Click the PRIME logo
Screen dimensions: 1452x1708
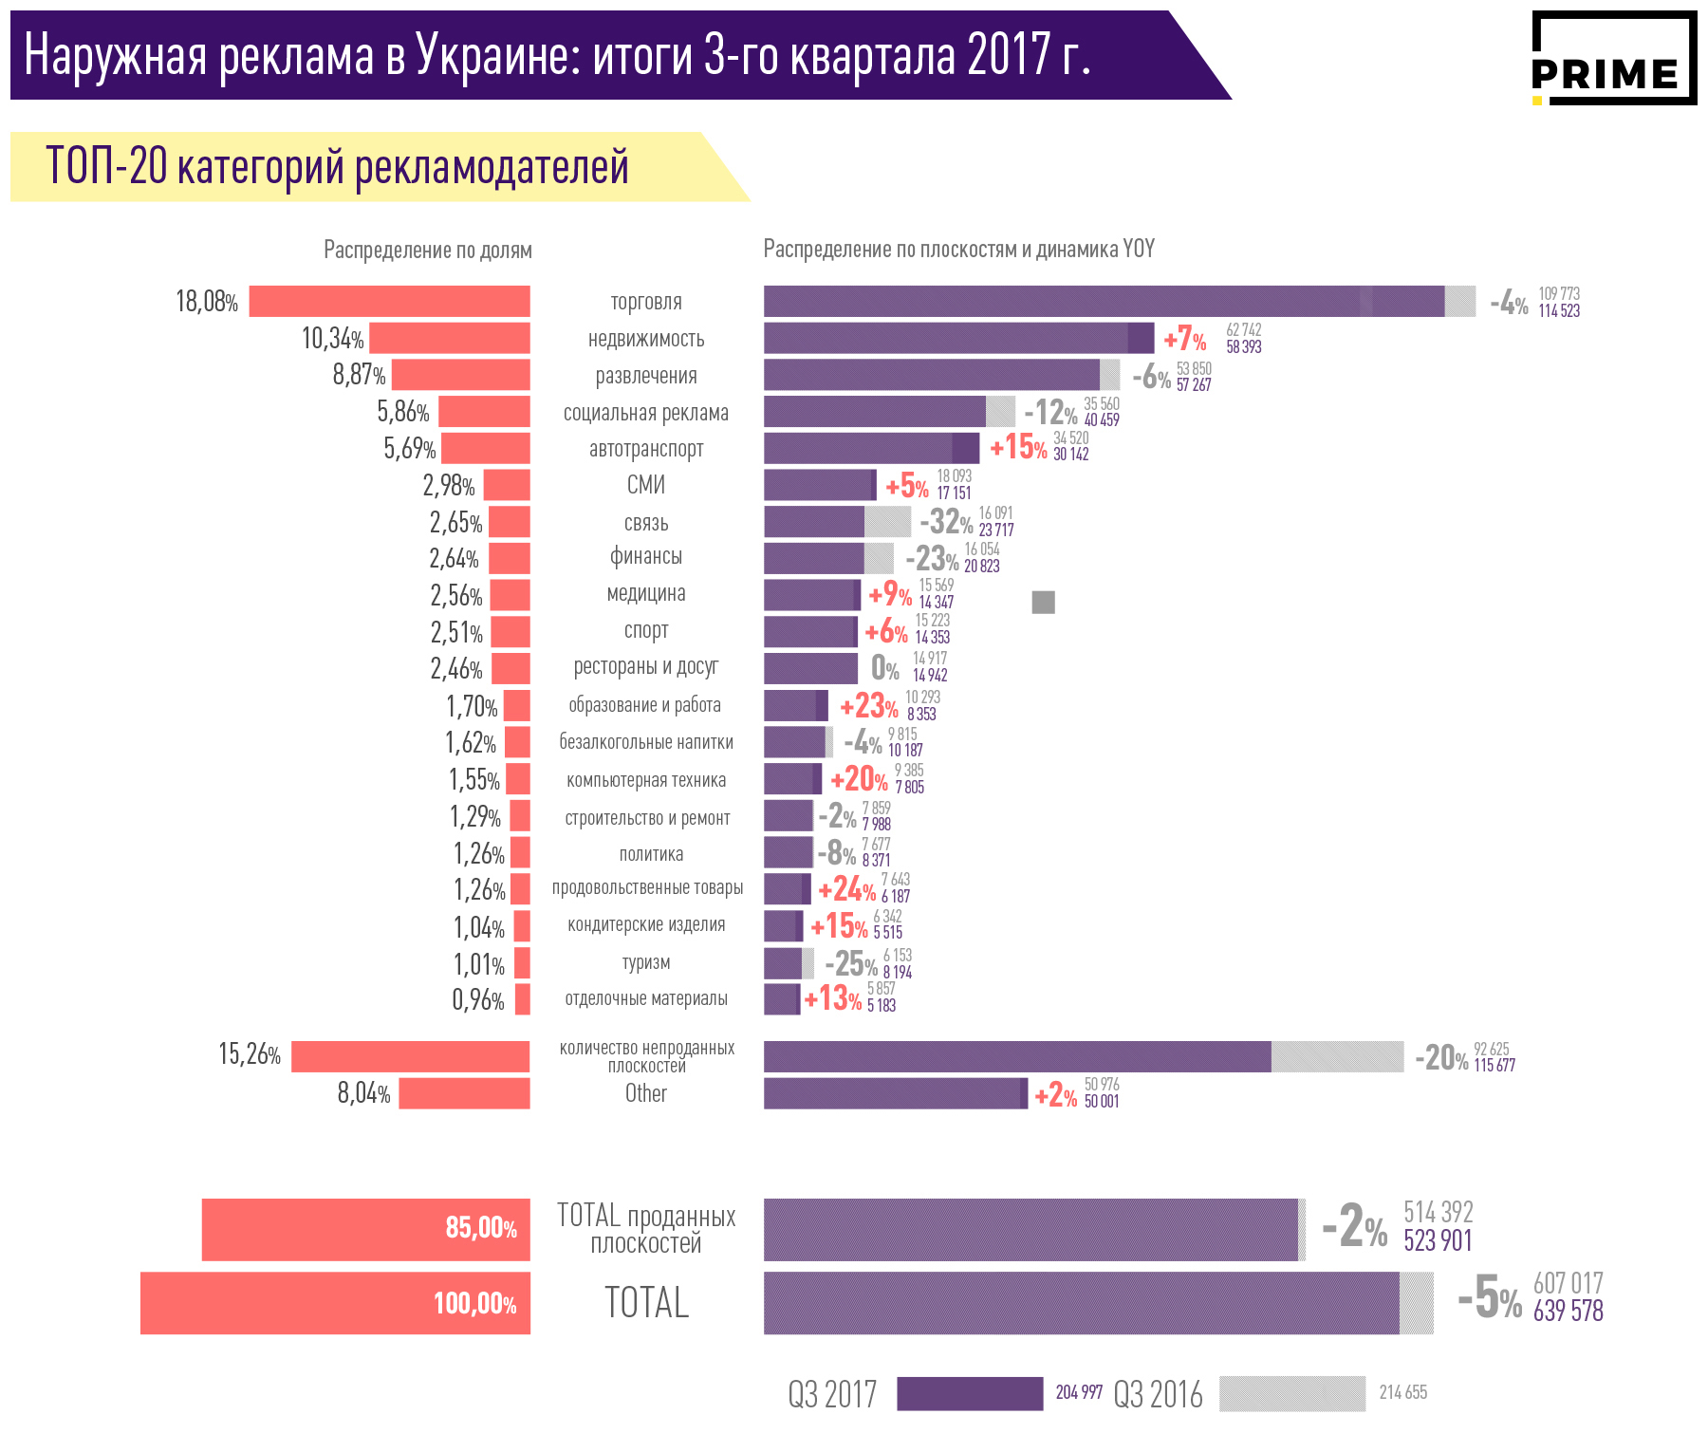(x=1613, y=59)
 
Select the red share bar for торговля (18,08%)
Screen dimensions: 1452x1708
(x=389, y=302)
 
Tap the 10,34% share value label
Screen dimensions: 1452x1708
(x=332, y=339)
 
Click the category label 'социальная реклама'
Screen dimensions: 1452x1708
(x=646, y=413)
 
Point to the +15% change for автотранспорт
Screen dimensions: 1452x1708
(x=1018, y=447)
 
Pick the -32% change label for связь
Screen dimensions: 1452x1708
(x=946, y=521)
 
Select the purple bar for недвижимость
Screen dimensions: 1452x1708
(x=958, y=339)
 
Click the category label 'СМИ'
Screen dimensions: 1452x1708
(x=646, y=485)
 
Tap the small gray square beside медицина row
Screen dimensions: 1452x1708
(x=1043, y=602)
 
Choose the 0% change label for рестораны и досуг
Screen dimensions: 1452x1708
(x=885, y=668)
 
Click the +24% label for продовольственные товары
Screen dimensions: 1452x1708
(x=846, y=890)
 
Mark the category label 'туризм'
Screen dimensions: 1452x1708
(x=646, y=962)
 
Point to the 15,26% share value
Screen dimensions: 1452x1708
(x=250, y=1054)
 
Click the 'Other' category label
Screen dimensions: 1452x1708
(x=646, y=1093)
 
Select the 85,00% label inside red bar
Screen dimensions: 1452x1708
(x=481, y=1228)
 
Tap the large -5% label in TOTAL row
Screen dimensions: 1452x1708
(x=1489, y=1299)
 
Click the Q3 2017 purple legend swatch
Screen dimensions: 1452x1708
(x=970, y=1394)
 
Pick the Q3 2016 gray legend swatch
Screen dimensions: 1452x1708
(x=1292, y=1394)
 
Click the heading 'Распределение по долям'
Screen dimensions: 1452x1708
(x=428, y=251)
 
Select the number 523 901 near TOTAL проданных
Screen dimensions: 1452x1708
(x=1439, y=1241)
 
